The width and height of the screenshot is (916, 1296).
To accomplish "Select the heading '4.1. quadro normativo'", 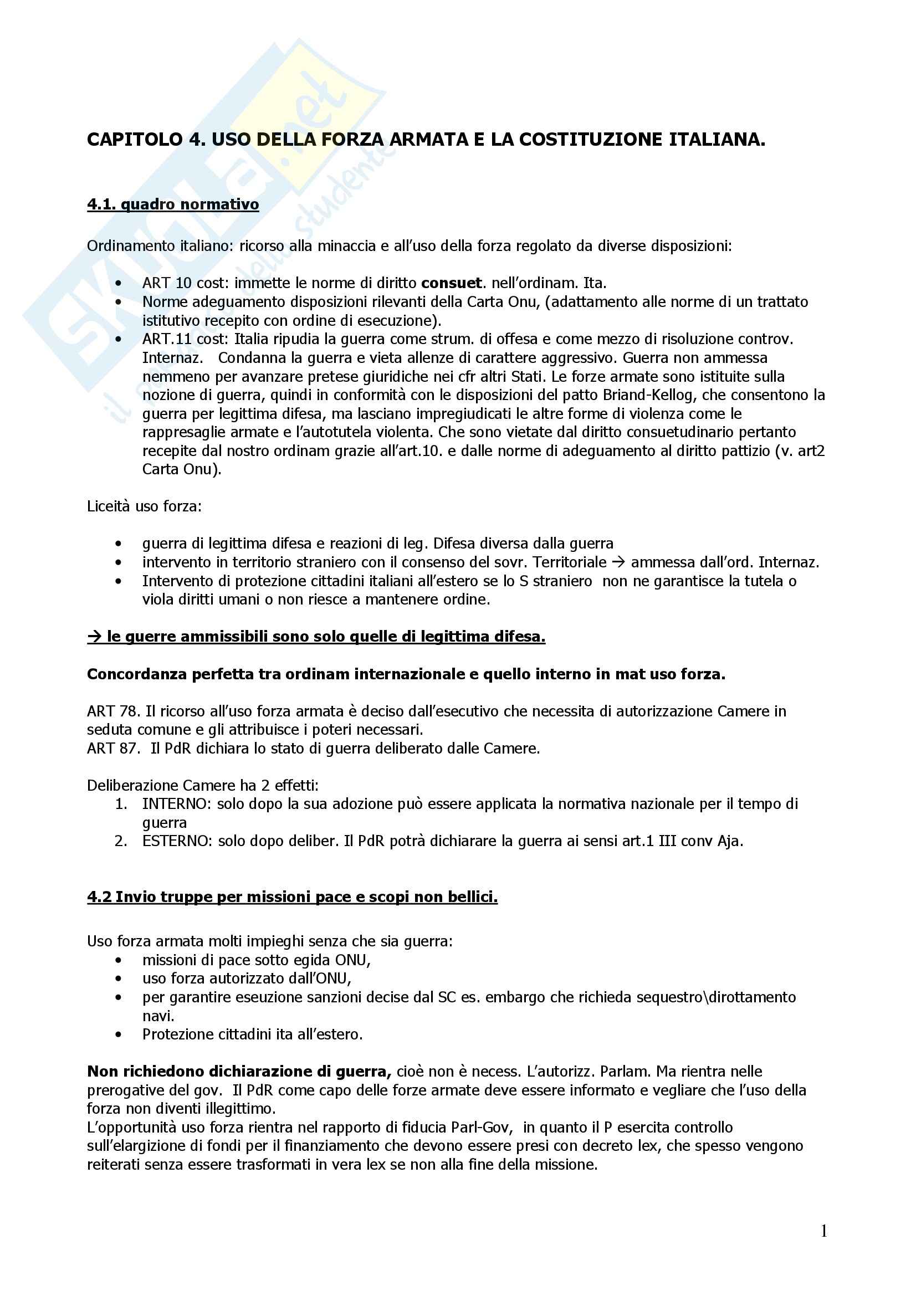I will pyautogui.click(x=173, y=204).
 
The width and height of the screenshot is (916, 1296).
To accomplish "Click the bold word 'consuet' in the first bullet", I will pyautogui.click(x=452, y=283).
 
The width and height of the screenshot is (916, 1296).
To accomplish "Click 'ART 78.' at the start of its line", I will pyautogui.click(x=113, y=711).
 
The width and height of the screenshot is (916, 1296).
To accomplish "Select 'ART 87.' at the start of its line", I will pyautogui.click(x=113, y=749).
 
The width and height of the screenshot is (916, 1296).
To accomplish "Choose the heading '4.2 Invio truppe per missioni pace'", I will pyautogui.click(x=292, y=897).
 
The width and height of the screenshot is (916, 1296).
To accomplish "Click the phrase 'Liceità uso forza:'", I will pyautogui.click(x=144, y=506).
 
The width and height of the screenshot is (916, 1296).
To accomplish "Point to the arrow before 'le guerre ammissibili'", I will pyautogui.click(x=94, y=637).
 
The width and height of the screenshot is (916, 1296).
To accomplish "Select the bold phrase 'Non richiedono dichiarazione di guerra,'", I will pyautogui.click(x=239, y=1072).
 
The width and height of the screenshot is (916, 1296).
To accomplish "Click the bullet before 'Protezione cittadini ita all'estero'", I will pyautogui.click(x=118, y=1034).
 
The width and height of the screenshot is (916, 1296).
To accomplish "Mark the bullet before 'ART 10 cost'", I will pyautogui.click(x=118, y=283).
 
